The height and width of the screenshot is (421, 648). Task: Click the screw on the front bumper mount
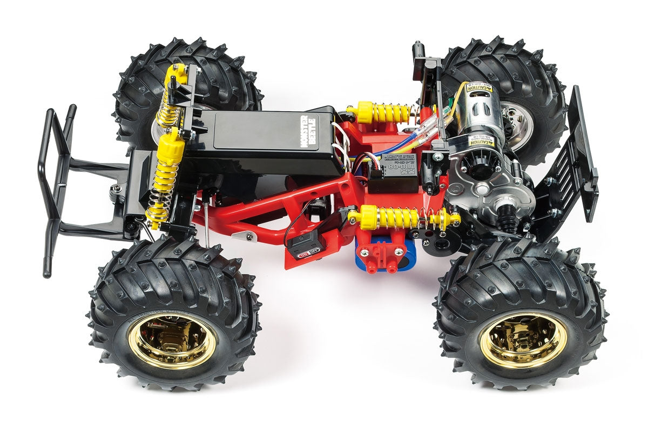point(116,188)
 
